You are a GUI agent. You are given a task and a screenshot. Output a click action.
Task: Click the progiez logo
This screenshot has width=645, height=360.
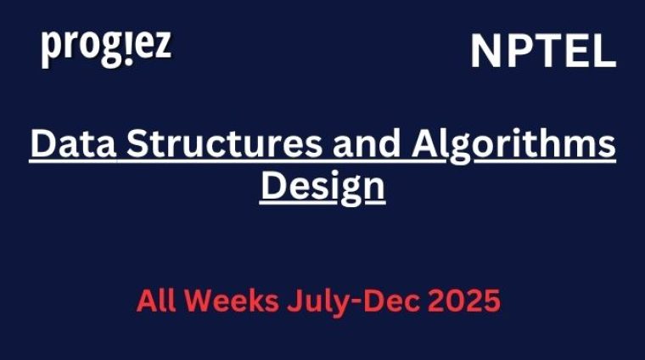click(x=106, y=48)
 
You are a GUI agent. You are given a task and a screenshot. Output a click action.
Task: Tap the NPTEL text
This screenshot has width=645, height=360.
click(x=543, y=52)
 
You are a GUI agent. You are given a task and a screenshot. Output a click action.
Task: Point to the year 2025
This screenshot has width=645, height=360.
click(x=464, y=301)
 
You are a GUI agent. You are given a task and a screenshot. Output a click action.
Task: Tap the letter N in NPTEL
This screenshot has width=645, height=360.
click(x=485, y=52)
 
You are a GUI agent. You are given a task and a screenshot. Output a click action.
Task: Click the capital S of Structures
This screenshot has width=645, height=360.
click(x=140, y=144)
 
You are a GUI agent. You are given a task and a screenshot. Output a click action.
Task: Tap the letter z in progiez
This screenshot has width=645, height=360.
click(x=161, y=48)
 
